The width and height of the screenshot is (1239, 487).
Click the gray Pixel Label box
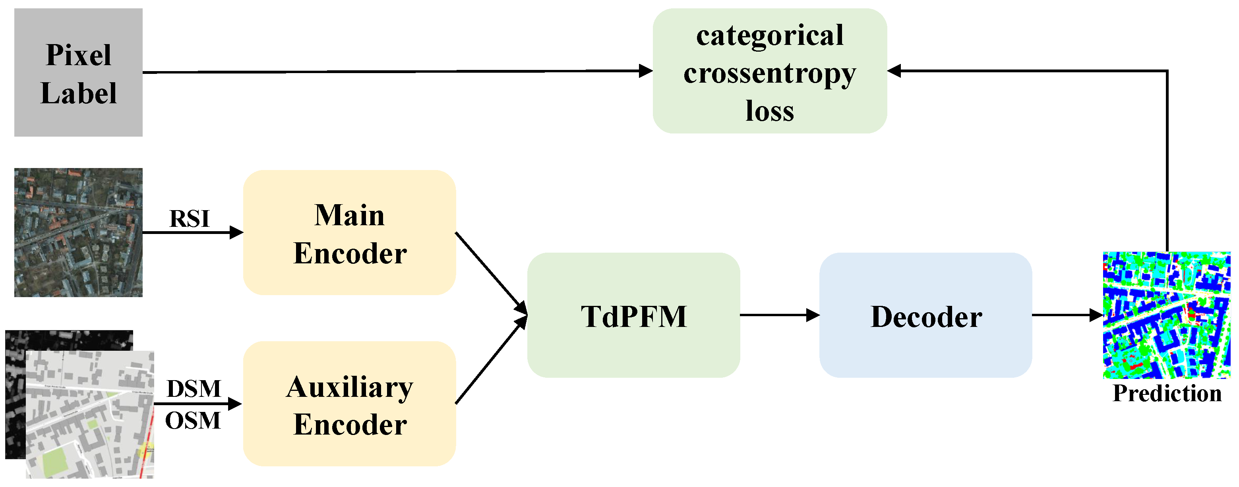(78, 72)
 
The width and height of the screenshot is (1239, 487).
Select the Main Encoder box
(349, 232)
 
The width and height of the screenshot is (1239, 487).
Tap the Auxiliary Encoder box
(349, 404)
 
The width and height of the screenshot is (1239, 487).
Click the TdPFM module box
(633, 315)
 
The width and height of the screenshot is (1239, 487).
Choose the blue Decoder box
(925, 315)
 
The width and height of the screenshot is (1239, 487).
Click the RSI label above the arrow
(190, 219)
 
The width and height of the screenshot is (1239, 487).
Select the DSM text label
(194, 388)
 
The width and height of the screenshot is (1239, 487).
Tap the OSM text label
(192, 421)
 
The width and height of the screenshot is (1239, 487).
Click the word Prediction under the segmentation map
(1167, 393)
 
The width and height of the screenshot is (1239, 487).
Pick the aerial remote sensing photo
(78, 232)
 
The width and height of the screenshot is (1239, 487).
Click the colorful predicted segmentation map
(1167, 315)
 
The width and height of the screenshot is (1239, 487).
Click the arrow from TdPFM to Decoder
(779, 315)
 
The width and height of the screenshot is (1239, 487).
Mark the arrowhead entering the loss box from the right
(894, 71)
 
